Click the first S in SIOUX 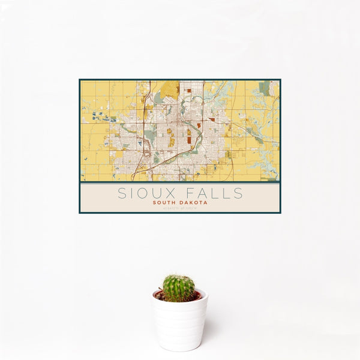pyautogui.click(x=122, y=193)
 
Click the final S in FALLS pyautogui.click(x=239, y=193)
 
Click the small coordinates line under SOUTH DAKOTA pyautogui.click(x=180, y=208)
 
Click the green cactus pyautogui.click(x=179, y=288)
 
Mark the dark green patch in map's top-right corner pyautogui.click(x=265, y=88)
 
